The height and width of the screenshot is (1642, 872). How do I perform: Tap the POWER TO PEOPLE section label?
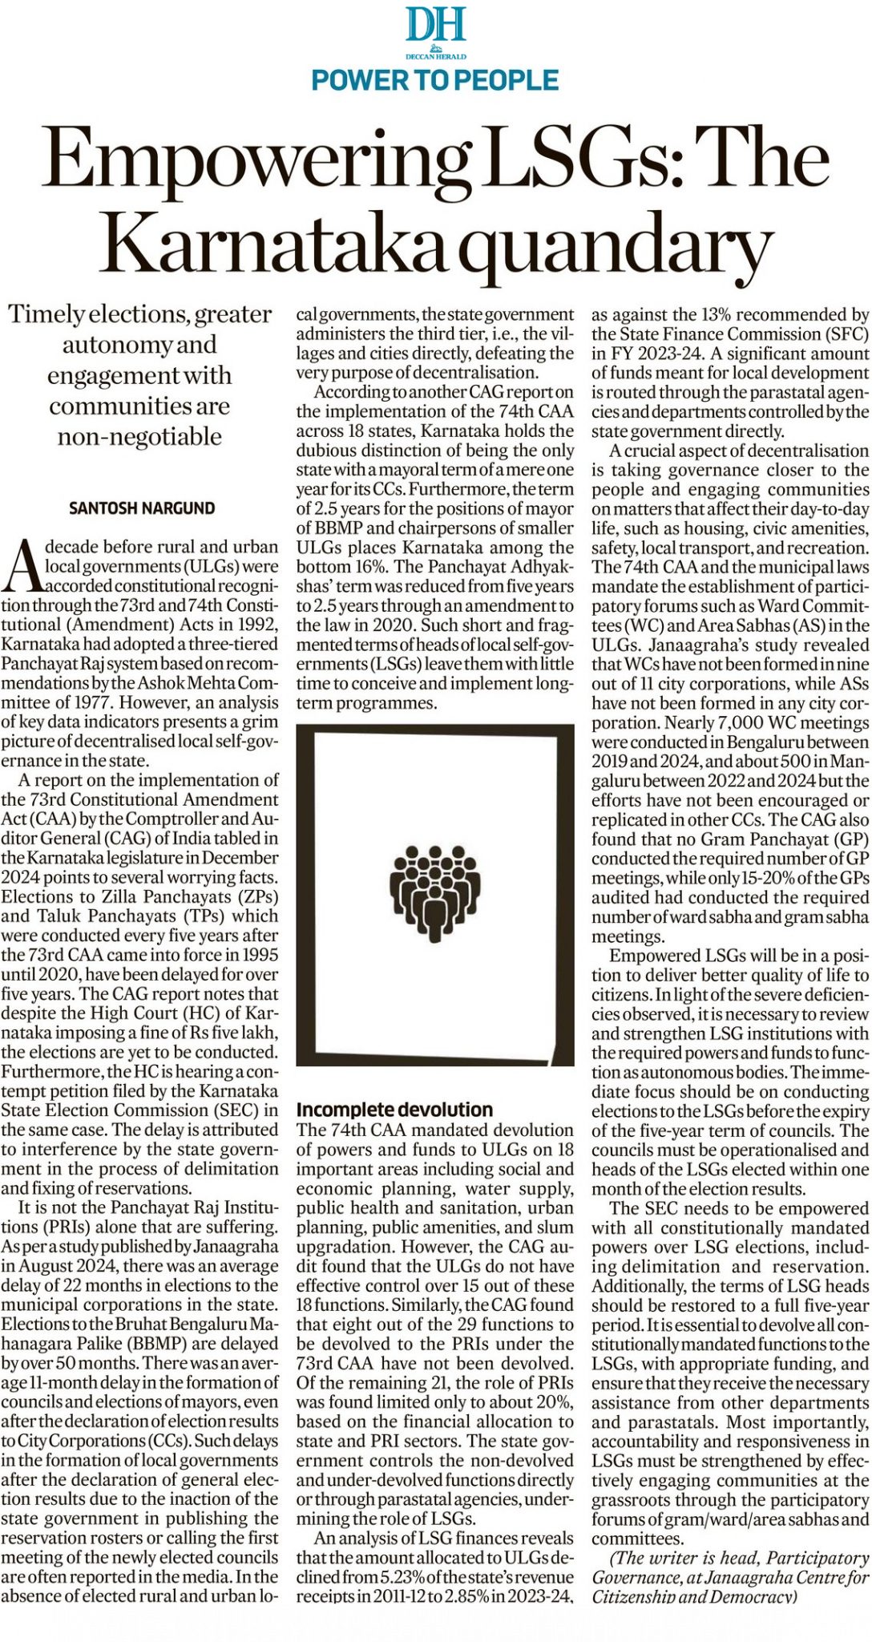pos(435,80)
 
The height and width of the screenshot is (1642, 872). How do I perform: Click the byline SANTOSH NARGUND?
pos(142,508)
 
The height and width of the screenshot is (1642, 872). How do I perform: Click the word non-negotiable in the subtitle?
pos(139,437)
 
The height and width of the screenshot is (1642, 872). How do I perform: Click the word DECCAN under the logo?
pos(419,57)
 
